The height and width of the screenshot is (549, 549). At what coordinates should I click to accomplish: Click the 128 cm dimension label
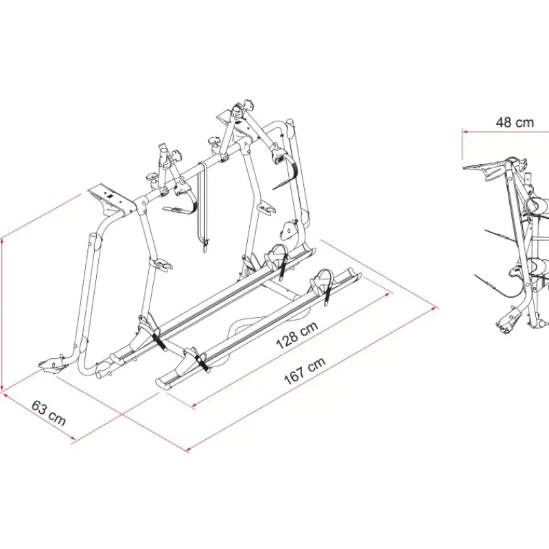(x=297, y=336)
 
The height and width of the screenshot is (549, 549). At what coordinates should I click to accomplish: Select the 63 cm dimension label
(x=49, y=414)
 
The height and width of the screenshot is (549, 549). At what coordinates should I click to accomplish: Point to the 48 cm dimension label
(x=515, y=122)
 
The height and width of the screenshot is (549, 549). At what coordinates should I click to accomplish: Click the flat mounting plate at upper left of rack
(x=110, y=200)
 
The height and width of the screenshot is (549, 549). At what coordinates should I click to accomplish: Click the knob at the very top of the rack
(x=248, y=104)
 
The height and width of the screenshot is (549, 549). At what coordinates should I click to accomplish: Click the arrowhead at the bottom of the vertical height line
(x=3, y=387)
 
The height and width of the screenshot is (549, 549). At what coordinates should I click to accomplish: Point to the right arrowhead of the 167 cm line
(x=436, y=308)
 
